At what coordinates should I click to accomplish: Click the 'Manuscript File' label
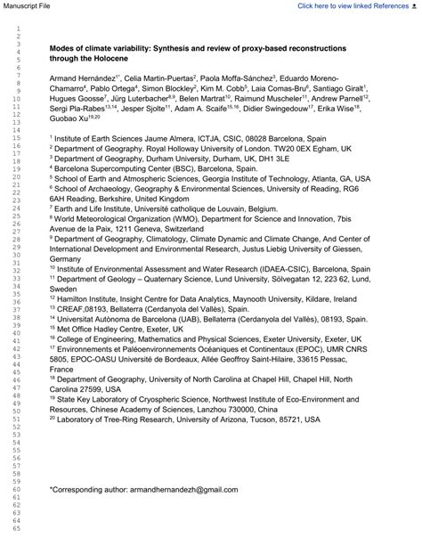tap(30, 5)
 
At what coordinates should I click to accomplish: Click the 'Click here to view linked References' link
tap(349, 5)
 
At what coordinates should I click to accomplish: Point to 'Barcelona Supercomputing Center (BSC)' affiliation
tap(126, 167)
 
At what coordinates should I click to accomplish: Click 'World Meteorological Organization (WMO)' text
tap(138, 216)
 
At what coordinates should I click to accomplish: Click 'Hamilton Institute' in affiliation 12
tap(91, 298)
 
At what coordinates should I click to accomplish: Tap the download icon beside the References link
tap(415, 5)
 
